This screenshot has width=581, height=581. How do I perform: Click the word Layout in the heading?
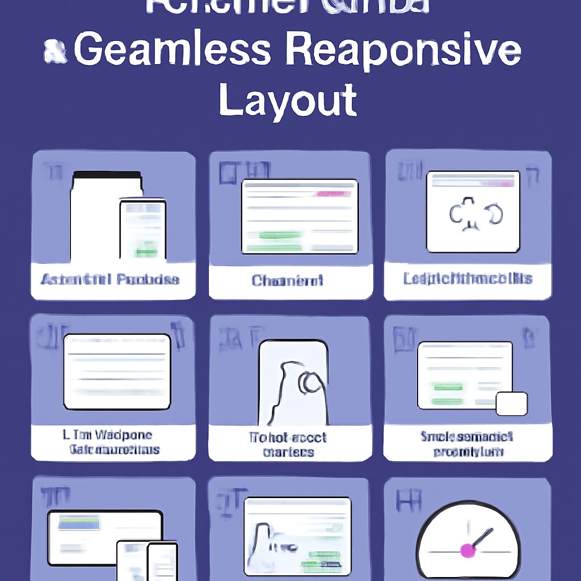tap(288, 100)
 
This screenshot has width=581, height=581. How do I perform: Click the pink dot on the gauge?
tap(468, 550)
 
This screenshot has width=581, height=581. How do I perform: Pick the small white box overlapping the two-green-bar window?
tap(511, 403)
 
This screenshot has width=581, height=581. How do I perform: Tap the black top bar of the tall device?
tap(107, 176)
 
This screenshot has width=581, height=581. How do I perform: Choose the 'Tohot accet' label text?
tap(289, 437)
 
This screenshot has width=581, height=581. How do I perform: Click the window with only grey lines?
tap(117, 372)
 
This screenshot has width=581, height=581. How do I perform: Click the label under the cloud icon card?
tap(468, 279)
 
